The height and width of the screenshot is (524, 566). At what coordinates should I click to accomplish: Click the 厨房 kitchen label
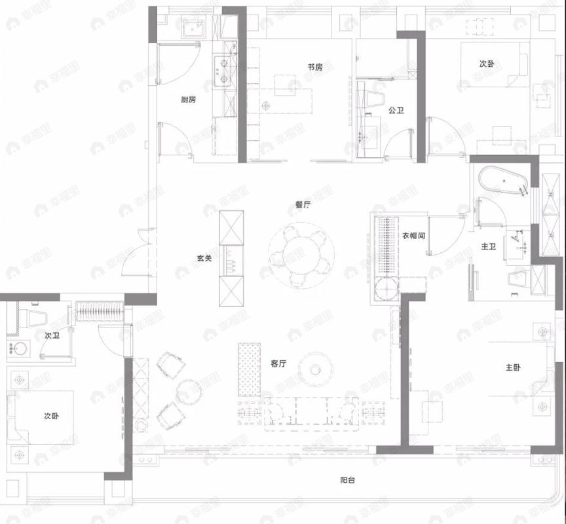189,100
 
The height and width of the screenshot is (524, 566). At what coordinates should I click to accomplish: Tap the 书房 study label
315,67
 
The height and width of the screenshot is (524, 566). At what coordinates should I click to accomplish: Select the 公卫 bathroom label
396,111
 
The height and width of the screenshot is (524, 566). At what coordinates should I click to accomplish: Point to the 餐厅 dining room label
302,204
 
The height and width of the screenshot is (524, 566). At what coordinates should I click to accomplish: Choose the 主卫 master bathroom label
489,247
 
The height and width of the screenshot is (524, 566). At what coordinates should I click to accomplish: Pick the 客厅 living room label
278,364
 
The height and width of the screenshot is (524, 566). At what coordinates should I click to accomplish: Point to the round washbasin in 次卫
18,348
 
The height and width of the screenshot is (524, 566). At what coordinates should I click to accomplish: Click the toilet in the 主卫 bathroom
521,278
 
